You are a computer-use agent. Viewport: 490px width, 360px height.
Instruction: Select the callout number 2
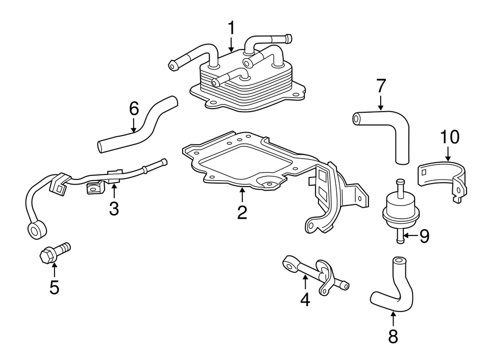tap(242, 212)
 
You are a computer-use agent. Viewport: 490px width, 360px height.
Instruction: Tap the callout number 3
tap(114, 208)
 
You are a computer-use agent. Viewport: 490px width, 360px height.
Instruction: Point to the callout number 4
tap(305, 299)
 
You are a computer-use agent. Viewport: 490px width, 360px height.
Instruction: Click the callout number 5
tap(54, 287)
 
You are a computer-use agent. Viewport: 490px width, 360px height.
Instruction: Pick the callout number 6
tap(133, 108)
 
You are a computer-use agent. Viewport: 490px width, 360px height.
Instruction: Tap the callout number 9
tap(424, 236)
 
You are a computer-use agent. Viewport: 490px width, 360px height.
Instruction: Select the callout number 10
tap(450, 137)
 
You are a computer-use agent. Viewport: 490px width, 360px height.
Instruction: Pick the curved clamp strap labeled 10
tap(442, 176)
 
